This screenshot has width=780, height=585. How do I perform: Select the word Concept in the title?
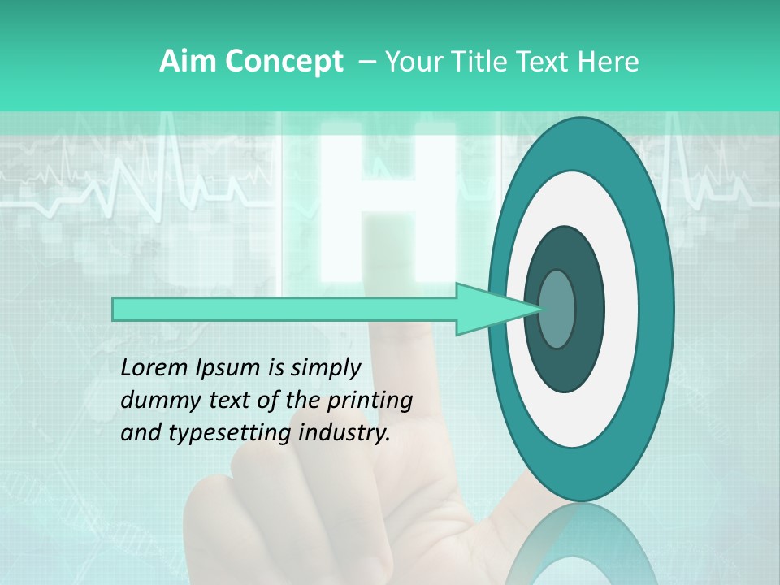coord(284,62)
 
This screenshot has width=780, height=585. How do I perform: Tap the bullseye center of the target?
coord(557,309)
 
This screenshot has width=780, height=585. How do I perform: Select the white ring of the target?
coord(621,309)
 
